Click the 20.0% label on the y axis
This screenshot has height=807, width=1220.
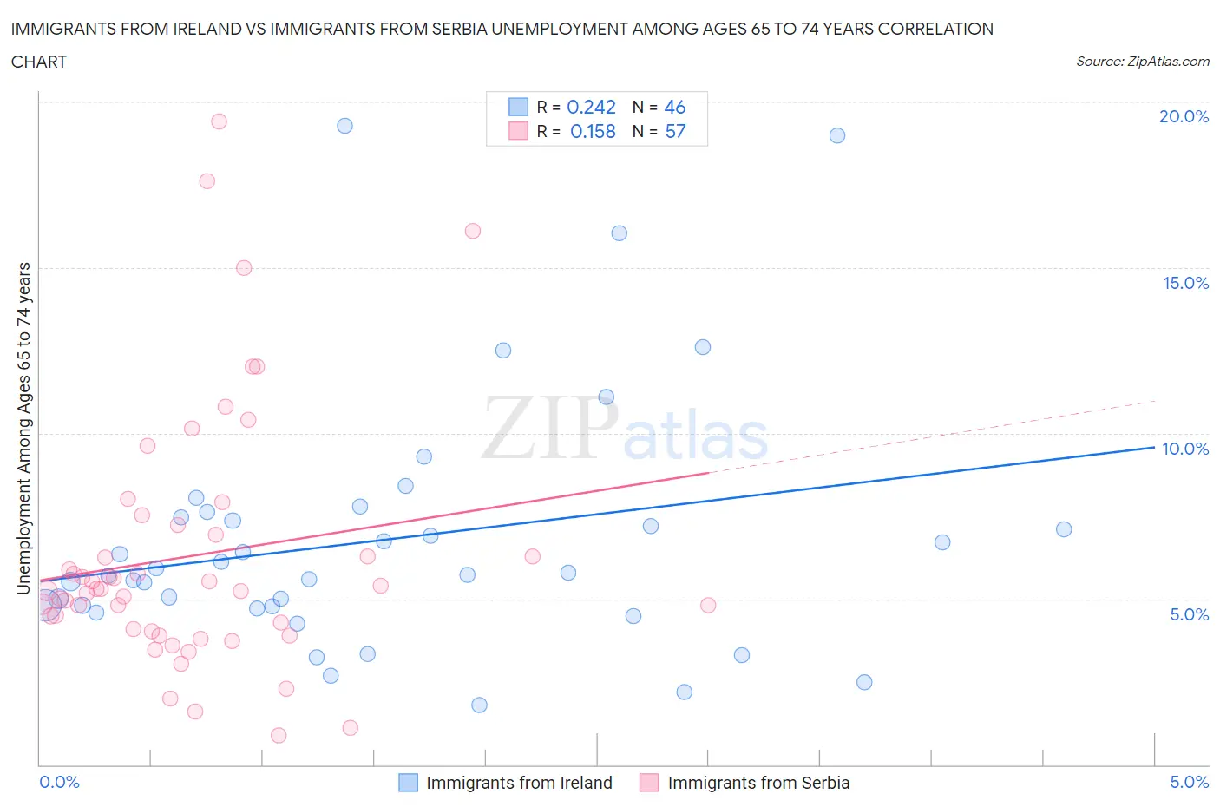(1184, 116)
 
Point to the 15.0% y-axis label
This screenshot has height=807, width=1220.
(1185, 283)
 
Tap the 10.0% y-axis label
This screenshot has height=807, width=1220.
(1185, 449)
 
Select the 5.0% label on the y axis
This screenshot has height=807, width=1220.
(1189, 614)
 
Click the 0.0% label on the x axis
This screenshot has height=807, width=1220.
(59, 782)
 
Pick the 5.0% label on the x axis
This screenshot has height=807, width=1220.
(1189, 782)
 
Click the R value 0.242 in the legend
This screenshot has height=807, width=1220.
(591, 107)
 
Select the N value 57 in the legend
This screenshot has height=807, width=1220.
(675, 131)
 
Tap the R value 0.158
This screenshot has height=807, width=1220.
(593, 131)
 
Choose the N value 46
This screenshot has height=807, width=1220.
(675, 107)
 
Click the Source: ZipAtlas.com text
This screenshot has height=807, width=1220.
(1142, 61)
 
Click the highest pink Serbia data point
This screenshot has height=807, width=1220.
(219, 121)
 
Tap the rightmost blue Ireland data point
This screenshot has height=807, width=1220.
(1064, 529)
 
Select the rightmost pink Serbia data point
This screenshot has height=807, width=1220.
(708, 605)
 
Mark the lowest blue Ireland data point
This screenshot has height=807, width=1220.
(479, 705)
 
